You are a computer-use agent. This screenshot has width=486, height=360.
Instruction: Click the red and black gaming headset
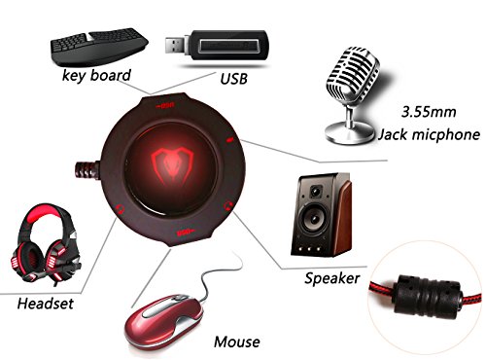43,249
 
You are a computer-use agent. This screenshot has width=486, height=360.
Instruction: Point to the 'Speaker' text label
330,278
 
